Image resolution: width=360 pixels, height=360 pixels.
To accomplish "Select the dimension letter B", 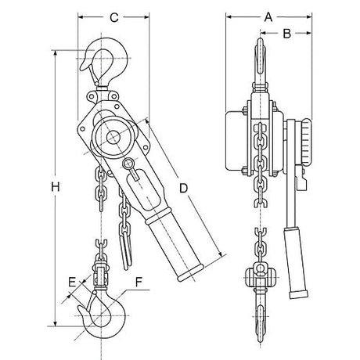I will pos(286,33).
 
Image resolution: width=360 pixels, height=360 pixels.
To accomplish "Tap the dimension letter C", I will pos(113,16).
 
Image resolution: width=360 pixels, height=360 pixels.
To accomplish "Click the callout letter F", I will pos(139,279).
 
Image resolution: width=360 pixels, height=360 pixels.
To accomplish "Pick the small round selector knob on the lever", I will pos(128,164).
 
